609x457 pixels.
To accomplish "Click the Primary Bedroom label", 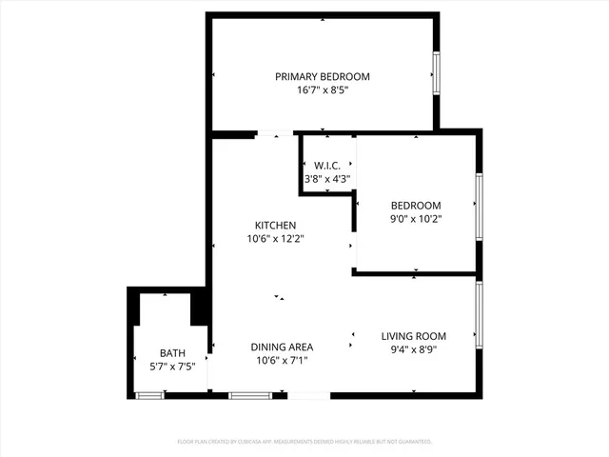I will click(323, 77).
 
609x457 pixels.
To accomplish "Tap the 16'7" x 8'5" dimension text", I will click(323, 91).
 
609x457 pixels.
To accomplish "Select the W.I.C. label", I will click(327, 166).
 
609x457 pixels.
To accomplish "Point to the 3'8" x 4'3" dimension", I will click(327, 179).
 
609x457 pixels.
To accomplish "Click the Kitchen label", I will click(275, 226).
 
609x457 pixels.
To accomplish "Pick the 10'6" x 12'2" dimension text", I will click(275, 239).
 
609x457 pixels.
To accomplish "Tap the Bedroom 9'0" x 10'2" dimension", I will click(416, 219).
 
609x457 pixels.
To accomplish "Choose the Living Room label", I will click(414, 336).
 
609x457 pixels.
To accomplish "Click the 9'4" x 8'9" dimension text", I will click(414, 349).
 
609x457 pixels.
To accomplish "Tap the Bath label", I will click(172, 353).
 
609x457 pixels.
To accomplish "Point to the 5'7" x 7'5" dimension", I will click(172, 367).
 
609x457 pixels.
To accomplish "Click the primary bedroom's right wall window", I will click(437, 73).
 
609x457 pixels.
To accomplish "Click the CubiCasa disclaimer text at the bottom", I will click(304, 442).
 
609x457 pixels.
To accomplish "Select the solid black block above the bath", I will click(200, 308).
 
